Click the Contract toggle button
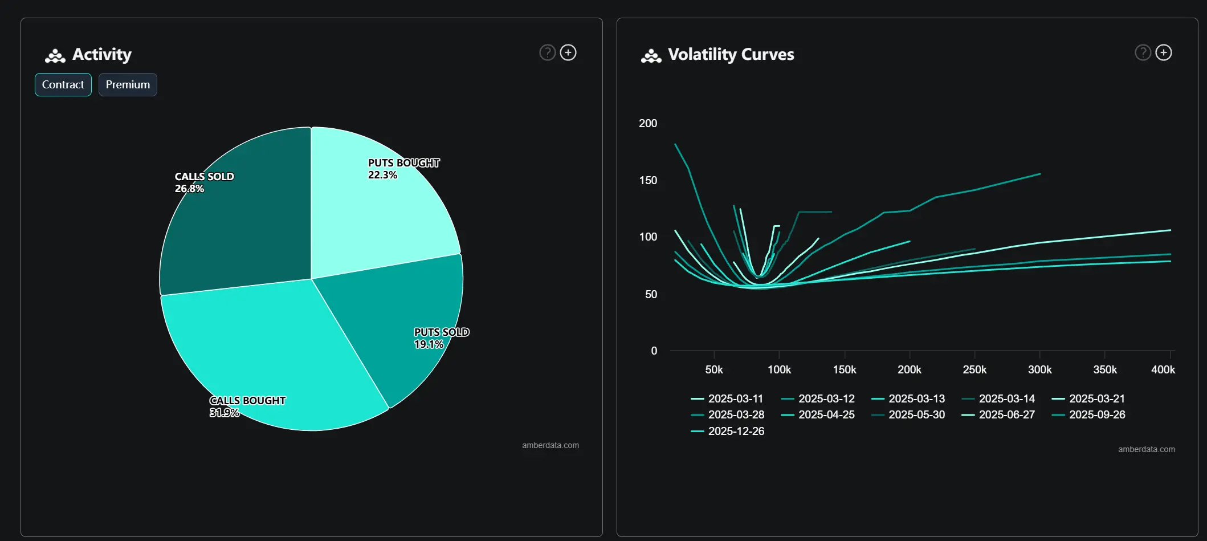[x=63, y=85]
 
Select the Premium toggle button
[x=128, y=85]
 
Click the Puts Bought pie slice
[x=382, y=211]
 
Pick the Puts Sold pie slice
[x=399, y=319]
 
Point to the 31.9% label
[x=224, y=413]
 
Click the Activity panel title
[x=101, y=55]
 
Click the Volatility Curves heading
[x=731, y=55]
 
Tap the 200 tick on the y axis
[x=648, y=123]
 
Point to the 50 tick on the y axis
[x=651, y=294]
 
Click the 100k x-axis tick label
[x=779, y=369]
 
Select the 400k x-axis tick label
[x=1163, y=369]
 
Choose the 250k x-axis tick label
[x=974, y=369]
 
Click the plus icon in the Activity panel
[x=568, y=52]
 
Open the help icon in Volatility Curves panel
[x=1143, y=52]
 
